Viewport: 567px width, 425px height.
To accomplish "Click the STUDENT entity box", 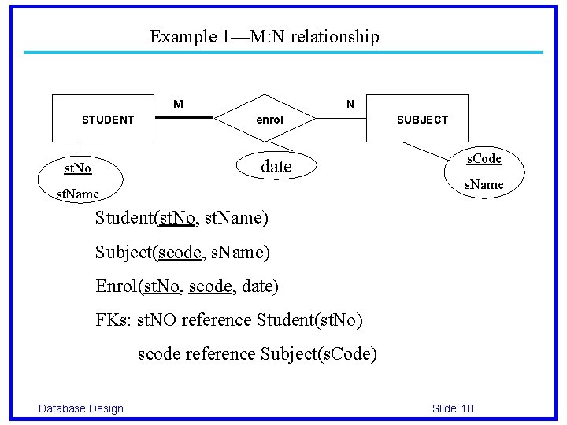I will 102,119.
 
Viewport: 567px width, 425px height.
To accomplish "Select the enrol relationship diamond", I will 269,120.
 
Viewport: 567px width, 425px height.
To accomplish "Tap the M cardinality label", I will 179,104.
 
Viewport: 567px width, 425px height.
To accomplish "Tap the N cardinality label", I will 350,104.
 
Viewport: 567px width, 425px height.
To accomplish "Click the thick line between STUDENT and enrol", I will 184,118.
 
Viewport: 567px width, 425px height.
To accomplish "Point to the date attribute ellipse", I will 276,166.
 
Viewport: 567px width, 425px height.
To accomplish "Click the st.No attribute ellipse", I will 78,168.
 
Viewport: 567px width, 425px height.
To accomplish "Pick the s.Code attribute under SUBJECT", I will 484,158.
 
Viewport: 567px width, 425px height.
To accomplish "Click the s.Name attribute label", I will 483,184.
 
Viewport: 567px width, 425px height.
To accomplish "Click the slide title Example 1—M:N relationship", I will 264,36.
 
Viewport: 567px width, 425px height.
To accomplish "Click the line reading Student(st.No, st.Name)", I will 182,217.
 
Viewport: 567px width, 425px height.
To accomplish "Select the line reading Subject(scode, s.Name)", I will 182,252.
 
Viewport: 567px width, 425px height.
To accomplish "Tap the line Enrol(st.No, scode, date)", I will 187,286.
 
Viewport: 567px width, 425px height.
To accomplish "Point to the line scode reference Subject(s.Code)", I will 258,354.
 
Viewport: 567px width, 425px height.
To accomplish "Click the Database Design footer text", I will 81,408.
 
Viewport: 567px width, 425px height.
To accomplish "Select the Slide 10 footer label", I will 452,408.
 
